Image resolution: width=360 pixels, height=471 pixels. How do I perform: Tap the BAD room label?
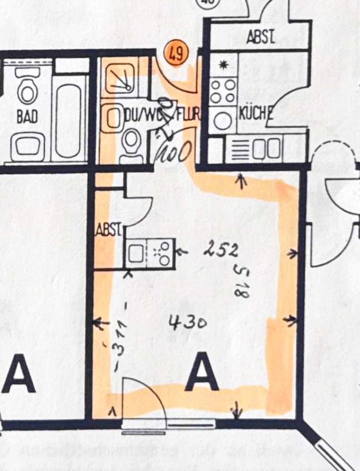(x=27, y=117)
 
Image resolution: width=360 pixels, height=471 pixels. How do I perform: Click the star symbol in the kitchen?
(x=224, y=65)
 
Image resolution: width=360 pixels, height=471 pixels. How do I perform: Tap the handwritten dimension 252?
(x=221, y=250)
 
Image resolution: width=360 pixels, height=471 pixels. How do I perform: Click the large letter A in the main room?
(x=202, y=372)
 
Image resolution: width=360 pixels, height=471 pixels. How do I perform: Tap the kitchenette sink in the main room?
(x=135, y=254)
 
